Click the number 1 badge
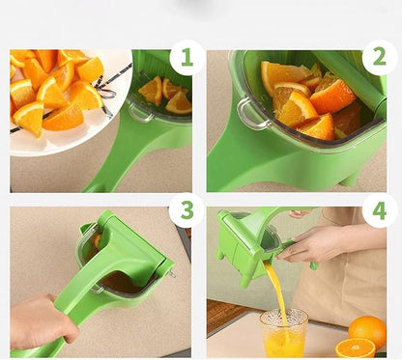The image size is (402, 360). pyautogui.click(x=187, y=58)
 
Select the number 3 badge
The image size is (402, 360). pyautogui.click(x=187, y=210)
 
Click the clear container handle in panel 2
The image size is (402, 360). pyautogui.click(x=252, y=114)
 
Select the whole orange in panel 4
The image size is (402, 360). pyautogui.click(x=367, y=331)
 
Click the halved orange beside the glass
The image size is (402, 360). pyautogui.click(x=355, y=347)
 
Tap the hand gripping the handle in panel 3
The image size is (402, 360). pyautogui.click(x=41, y=322)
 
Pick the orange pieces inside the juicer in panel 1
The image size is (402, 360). pyautogui.click(x=162, y=94)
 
